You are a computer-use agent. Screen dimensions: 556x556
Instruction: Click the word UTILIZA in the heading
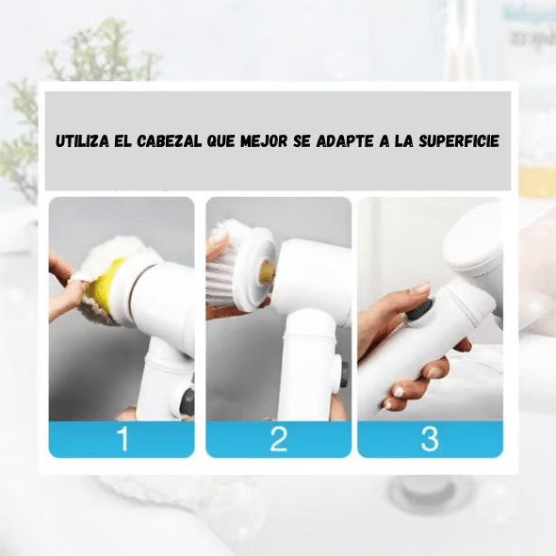(82, 141)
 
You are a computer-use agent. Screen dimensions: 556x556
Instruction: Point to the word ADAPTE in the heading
(344, 141)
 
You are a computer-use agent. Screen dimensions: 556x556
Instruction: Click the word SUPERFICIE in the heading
(459, 141)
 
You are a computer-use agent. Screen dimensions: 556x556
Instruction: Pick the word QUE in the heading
(221, 141)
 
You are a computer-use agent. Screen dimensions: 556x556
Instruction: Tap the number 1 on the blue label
(123, 439)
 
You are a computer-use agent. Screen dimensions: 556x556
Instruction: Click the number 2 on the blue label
(278, 439)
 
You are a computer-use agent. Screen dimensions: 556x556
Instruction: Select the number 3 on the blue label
(430, 439)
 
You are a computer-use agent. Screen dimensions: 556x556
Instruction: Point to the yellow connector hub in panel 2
(268, 272)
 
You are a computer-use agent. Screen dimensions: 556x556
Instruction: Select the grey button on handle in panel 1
(187, 401)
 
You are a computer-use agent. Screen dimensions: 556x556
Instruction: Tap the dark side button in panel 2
(343, 375)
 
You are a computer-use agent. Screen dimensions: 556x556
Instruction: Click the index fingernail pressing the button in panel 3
(421, 288)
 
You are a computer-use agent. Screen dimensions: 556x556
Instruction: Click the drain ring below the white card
(427, 491)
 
